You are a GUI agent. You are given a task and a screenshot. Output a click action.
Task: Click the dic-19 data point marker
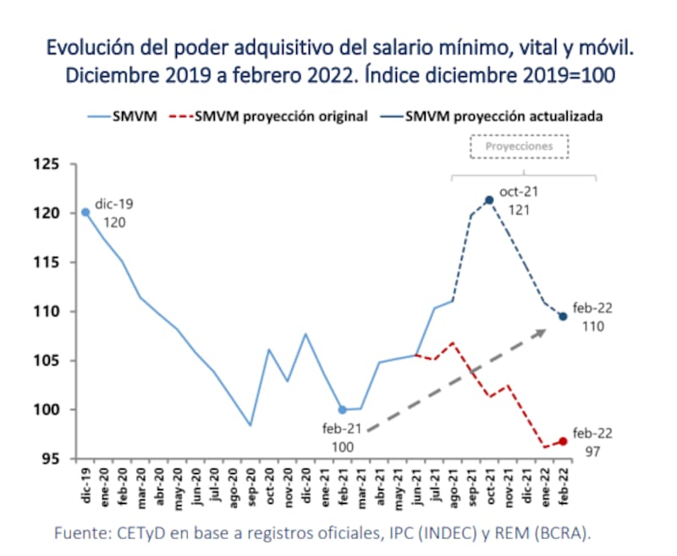click(85, 212)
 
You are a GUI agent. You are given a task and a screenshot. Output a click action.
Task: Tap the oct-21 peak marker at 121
click(489, 201)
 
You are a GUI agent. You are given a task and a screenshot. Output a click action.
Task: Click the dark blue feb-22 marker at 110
click(563, 317)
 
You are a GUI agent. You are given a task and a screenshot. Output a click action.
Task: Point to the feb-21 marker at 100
click(342, 410)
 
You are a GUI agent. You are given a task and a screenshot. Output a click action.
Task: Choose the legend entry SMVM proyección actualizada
click(504, 117)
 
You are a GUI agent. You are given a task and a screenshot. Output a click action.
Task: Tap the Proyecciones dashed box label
click(519, 146)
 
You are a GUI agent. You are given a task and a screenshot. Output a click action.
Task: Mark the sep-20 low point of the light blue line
click(250, 425)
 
